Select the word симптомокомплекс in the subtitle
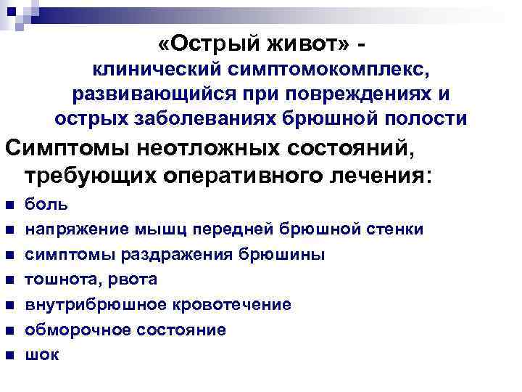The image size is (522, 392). pyautogui.click(x=312, y=71)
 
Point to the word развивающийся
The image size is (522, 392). pyautogui.click(x=149, y=94)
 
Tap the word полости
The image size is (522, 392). pyautogui.click(x=427, y=118)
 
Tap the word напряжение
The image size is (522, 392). pyautogui.click(x=76, y=230)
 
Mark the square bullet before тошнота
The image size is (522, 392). pyautogui.click(x=10, y=280)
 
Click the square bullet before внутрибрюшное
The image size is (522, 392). pyautogui.click(x=10, y=305)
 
